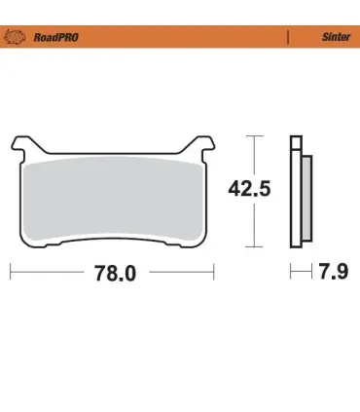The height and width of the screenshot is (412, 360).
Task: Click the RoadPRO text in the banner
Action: (55, 37)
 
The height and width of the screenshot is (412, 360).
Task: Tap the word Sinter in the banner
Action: (336, 37)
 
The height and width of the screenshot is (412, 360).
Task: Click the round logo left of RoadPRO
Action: (15, 37)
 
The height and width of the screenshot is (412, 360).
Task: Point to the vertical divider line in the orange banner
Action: (288, 37)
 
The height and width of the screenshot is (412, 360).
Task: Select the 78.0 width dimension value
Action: (115, 273)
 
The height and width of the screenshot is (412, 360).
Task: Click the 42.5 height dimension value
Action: (249, 189)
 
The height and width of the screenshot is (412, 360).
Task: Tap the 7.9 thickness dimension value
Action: (334, 272)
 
